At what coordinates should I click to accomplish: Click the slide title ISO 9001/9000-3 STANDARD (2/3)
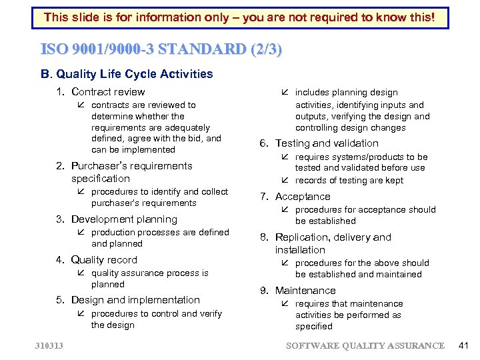pos(161,49)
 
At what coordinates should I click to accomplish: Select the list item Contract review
pos(107,92)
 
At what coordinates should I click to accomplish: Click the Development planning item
pos(124,219)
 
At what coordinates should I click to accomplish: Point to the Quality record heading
pos(104,260)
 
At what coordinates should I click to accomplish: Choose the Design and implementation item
pos(135,300)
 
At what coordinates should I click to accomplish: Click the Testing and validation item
pos(327,143)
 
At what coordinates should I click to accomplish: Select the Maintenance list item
pos(305,291)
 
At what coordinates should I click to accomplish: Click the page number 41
pos(465,345)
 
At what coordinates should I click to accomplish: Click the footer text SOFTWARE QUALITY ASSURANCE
pos(365,345)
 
